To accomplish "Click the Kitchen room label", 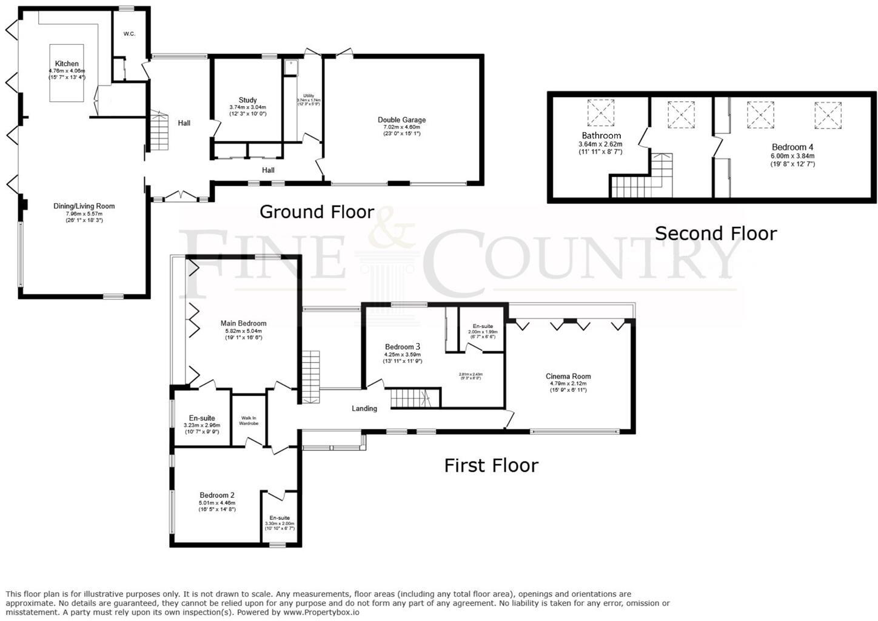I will (x=67, y=64).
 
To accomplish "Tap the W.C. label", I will (x=129, y=34).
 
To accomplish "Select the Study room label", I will (x=247, y=100).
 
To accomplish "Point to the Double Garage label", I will (x=401, y=120).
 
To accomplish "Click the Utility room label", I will (x=309, y=96).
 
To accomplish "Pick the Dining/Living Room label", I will (x=84, y=206).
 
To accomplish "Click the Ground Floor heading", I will (x=317, y=212).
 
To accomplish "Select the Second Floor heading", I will (x=715, y=233).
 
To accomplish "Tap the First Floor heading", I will (x=491, y=466).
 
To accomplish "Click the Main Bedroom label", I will (x=243, y=323).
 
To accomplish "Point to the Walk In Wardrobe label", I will (x=249, y=420).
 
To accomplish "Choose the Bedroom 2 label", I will (x=216, y=495).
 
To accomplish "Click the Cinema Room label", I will (x=568, y=377).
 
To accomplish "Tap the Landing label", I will (x=364, y=409).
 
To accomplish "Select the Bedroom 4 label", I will (x=793, y=147).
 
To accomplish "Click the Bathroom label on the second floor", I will (x=601, y=136).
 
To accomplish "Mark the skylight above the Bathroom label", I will (x=601, y=113).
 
